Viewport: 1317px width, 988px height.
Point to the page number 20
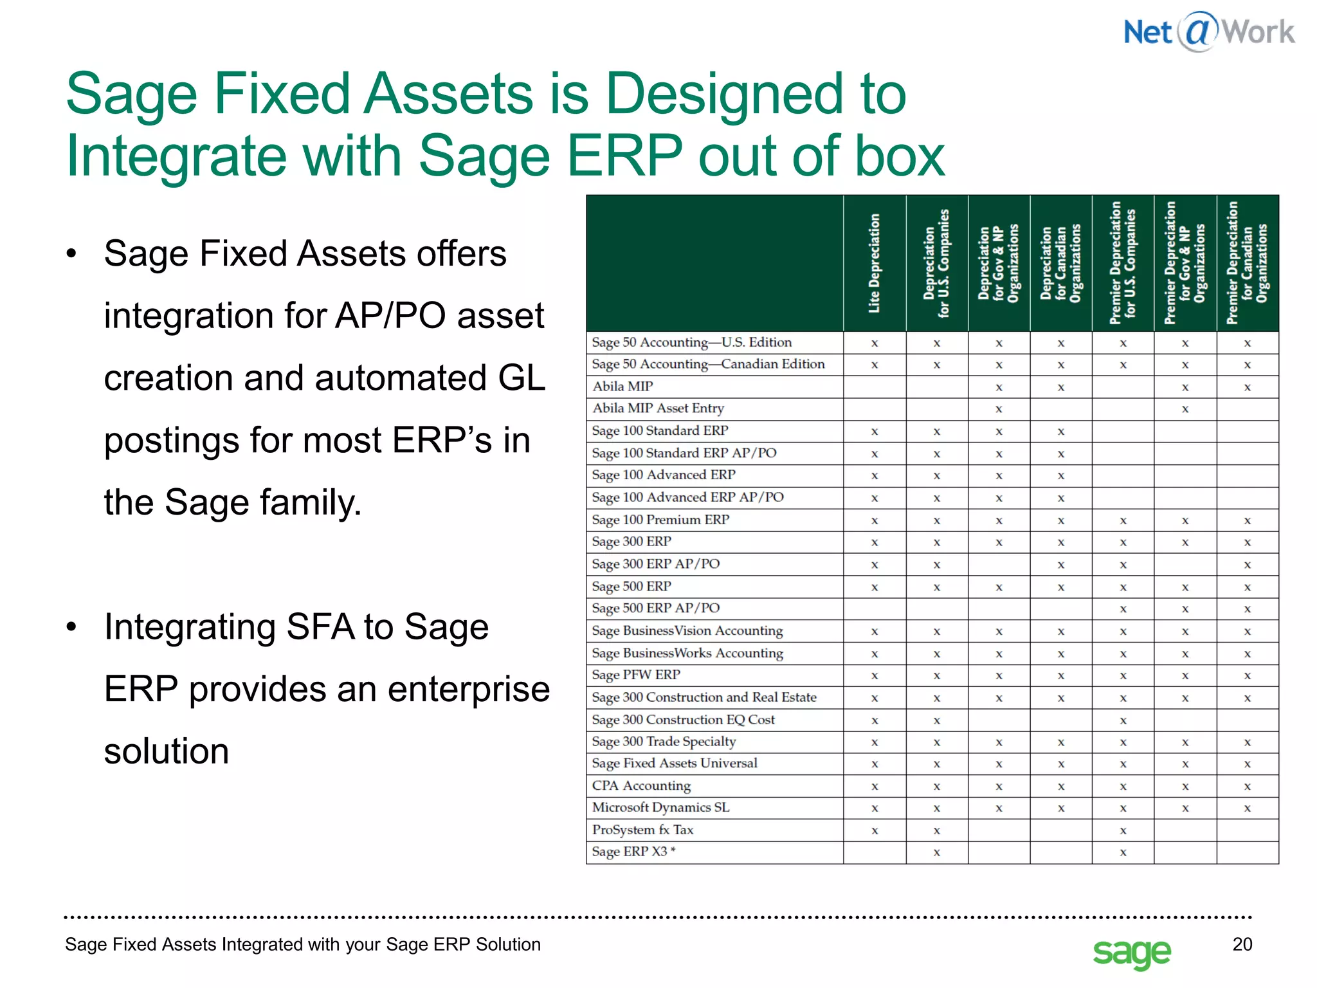[1242, 944]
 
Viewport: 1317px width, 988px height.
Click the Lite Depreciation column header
[874, 263]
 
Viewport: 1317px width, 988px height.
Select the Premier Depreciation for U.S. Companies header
[1122, 263]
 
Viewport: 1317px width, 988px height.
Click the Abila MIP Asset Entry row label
[658, 408]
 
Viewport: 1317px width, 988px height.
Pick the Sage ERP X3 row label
[633, 852]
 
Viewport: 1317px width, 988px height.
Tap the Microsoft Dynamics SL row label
[660, 807]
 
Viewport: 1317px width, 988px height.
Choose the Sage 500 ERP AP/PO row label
[655, 608]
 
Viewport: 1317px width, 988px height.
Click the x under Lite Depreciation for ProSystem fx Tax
[875, 830]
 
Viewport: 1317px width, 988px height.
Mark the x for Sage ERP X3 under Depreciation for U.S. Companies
[936, 852]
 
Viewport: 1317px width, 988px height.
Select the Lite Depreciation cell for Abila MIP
[875, 387]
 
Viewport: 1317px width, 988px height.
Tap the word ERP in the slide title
[624, 156]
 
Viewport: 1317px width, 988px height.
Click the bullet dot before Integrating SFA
[71, 627]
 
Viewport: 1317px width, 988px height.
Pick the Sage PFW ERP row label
[635, 675]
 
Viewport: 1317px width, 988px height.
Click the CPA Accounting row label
[641, 785]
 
